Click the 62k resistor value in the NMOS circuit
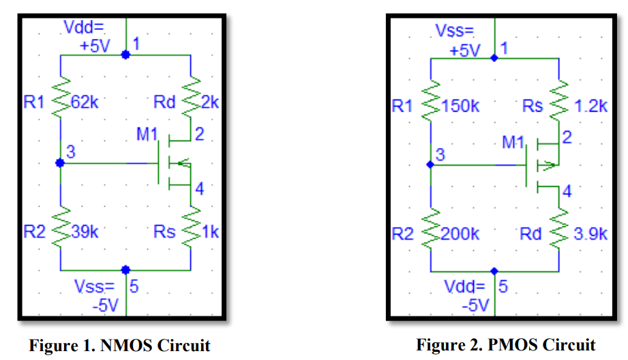tap(85, 103)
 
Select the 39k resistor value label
tap(85, 232)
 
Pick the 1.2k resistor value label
tap(590, 106)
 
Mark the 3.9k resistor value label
tap(590, 234)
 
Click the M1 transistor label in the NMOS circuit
tap(146, 134)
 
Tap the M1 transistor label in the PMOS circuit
tap(513, 142)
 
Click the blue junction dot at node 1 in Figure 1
tap(125, 54)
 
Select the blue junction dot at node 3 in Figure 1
tap(60, 162)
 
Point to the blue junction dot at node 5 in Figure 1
tap(125, 270)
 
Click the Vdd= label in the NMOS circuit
tap(83, 28)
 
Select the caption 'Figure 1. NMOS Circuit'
tap(119, 345)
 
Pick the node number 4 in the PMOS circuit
tap(567, 191)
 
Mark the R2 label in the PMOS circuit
tap(403, 234)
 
